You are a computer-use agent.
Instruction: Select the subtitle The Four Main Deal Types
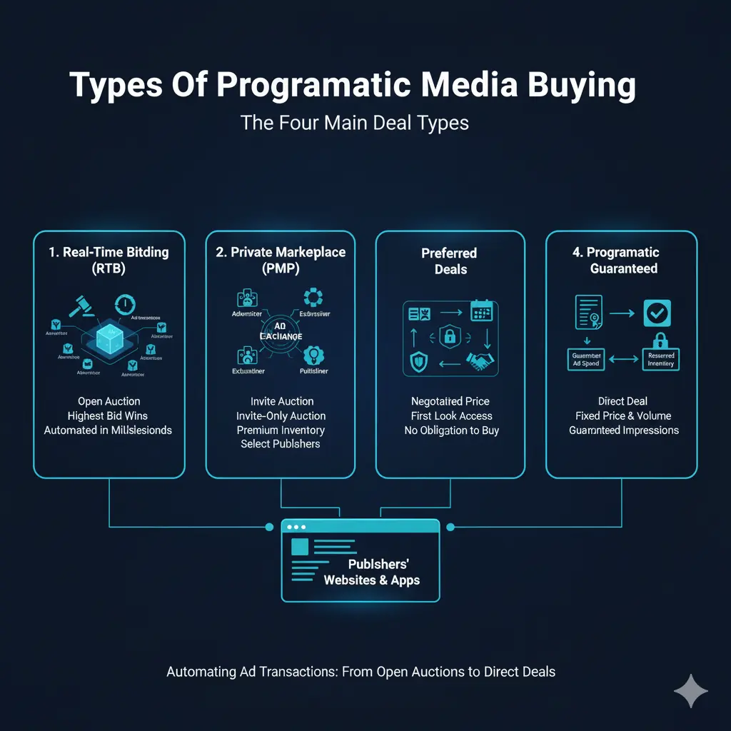coord(355,122)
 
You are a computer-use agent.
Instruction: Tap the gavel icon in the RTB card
coord(77,306)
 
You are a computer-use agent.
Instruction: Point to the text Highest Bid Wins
coord(109,415)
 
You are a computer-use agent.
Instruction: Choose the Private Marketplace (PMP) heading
coord(280,261)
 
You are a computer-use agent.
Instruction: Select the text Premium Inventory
coord(281,430)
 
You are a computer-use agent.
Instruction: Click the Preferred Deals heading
coord(450,261)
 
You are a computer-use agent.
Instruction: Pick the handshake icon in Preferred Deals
coord(479,362)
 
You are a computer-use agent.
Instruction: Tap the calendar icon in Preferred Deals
coord(480,311)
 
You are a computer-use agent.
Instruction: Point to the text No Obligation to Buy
coord(450,430)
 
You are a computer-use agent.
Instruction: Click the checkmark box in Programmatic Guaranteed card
coord(656,313)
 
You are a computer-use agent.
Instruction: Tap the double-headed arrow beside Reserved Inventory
coord(624,359)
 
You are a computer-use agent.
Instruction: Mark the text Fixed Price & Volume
coord(623,415)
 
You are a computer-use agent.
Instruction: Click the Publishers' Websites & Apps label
coord(371,572)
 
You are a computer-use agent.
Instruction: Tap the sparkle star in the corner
coord(690,690)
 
